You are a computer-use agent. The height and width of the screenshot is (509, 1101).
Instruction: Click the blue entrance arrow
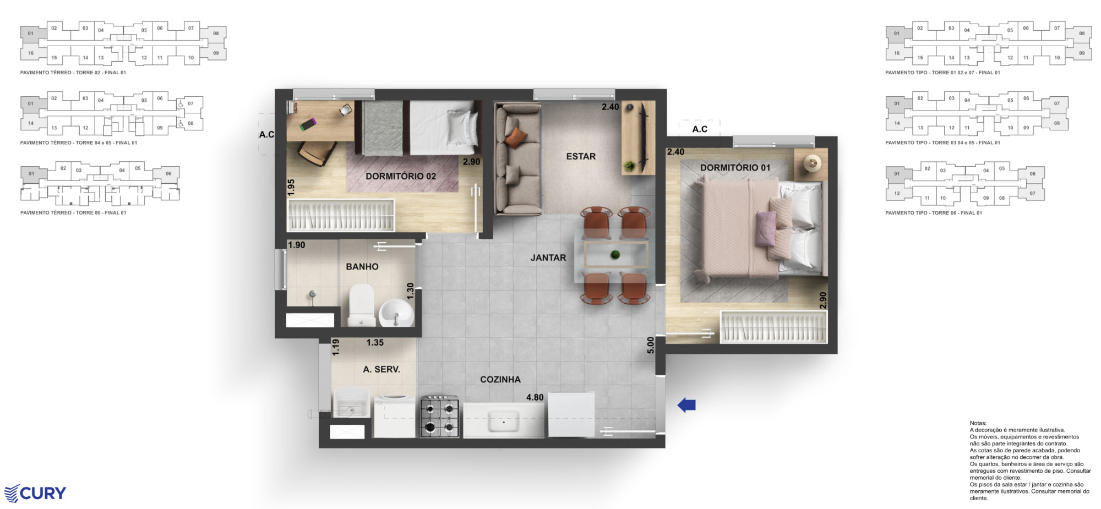point(686,405)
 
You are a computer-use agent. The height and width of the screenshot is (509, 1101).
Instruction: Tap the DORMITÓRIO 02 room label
point(400,176)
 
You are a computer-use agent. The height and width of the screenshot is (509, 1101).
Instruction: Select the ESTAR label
point(581,156)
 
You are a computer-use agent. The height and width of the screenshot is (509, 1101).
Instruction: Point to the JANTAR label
point(548,258)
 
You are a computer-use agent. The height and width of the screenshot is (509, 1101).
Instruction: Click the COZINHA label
point(500,380)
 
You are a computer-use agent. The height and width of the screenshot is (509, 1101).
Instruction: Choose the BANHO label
point(362,267)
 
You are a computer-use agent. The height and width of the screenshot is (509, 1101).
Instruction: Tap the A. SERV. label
point(381,369)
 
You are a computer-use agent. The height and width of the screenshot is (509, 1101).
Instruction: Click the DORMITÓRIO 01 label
point(735,167)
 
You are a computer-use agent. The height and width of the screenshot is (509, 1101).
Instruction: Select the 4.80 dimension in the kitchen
point(535,397)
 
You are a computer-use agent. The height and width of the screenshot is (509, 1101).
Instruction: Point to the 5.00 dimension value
point(651,345)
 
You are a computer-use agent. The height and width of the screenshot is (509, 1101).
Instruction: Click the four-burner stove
point(439,417)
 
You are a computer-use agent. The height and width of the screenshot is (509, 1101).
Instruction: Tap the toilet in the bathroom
point(361,304)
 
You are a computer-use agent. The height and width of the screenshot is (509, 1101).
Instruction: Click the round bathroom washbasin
point(396,313)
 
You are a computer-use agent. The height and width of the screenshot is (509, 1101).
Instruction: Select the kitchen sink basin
point(503,422)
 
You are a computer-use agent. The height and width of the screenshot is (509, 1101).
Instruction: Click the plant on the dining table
point(615,254)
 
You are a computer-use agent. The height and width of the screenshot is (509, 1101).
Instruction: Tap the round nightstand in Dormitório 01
point(812,163)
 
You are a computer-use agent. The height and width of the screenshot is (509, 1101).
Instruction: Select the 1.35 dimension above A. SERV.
point(375,342)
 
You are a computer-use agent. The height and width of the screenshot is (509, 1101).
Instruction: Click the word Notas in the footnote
point(978,423)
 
